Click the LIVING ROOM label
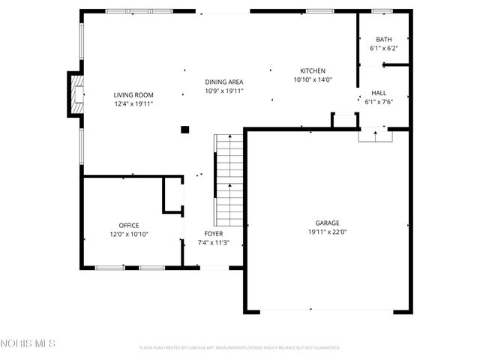[133, 94]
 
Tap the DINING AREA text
[224, 82]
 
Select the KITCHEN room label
[313, 70]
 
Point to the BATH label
[383, 40]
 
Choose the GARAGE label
[327, 223]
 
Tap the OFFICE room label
[128, 225]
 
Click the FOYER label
[213, 233]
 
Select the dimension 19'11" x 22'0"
[327, 232]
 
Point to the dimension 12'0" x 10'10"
[128, 234]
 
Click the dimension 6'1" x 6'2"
[383, 48]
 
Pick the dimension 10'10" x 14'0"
[313, 79]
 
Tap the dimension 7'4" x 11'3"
[213, 242]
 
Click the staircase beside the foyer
[229, 180]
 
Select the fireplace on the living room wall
[76, 94]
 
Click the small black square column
[184, 130]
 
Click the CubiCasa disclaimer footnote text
[240, 348]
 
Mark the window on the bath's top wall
[382, 11]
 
